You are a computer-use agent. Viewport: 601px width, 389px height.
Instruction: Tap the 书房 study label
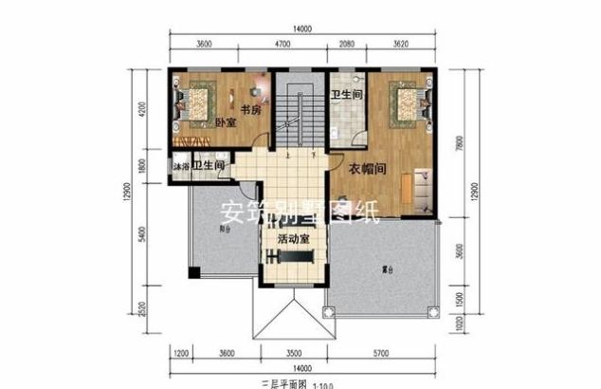pyautogui.click(x=250, y=110)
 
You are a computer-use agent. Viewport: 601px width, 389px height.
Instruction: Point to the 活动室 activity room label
pyautogui.click(x=294, y=240)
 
